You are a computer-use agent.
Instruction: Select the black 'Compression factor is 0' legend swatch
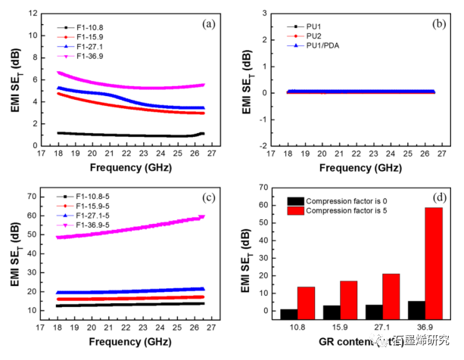(x=294, y=200)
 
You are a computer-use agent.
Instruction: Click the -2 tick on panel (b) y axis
(x=261, y=145)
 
